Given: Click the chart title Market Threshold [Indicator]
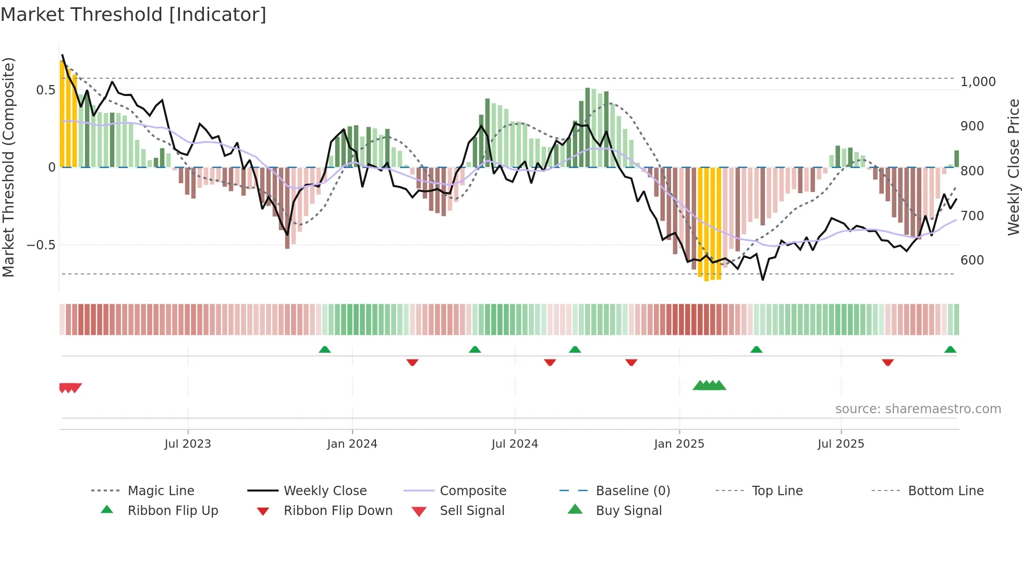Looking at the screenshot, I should (x=133, y=15).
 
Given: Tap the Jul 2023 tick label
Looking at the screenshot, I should (x=188, y=444).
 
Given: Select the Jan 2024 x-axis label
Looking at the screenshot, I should (x=352, y=444).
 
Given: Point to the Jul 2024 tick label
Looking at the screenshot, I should (x=515, y=444).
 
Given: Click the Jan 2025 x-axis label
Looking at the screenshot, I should (x=679, y=444).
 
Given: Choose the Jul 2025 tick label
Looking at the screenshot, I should (x=841, y=444).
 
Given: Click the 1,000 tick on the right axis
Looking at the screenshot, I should (x=978, y=82).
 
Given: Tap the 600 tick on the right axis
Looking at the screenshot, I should (x=972, y=260).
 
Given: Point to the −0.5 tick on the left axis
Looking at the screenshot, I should (x=41, y=245).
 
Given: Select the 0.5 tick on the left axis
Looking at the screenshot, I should (x=45, y=90).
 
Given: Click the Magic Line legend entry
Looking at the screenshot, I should (x=161, y=491).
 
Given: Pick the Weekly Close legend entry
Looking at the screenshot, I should (x=325, y=491).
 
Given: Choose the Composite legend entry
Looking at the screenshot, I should (x=472, y=491).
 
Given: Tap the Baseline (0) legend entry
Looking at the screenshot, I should (x=632, y=491).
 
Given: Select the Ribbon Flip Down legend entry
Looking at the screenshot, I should (x=337, y=511).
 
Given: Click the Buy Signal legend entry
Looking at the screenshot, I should (x=628, y=511).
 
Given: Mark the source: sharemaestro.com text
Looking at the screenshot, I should (x=918, y=409).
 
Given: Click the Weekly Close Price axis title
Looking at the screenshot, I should (x=1013, y=167).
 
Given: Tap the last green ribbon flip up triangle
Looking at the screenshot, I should (x=950, y=350).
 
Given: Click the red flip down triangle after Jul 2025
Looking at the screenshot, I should (x=887, y=362).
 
